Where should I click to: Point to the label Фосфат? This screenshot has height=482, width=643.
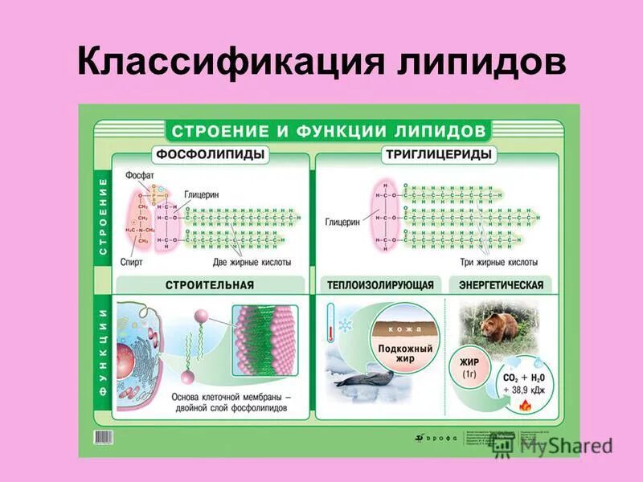click(x=139, y=176)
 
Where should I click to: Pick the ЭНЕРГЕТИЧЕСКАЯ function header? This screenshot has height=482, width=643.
click(x=501, y=285)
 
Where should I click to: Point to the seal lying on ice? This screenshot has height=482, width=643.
click(x=362, y=380)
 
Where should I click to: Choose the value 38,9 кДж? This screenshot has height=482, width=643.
click(x=522, y=390)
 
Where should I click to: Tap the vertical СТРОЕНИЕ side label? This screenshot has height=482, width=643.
click(x=102, y=217)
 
